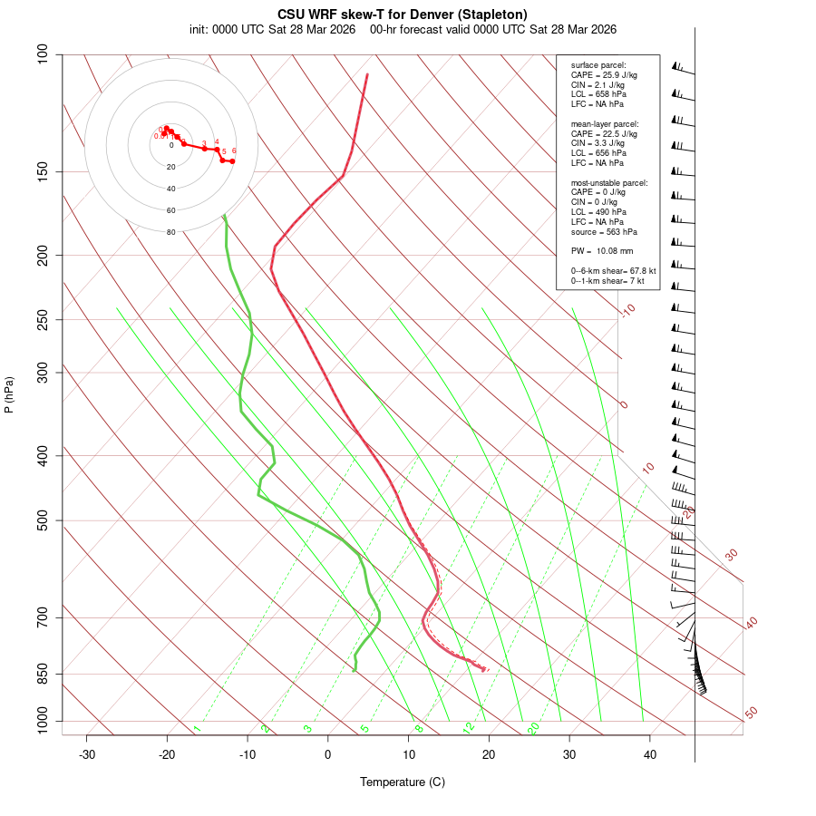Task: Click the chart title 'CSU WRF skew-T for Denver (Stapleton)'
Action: pos(403,15)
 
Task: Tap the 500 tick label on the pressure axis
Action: pos(44,520)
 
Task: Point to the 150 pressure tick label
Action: pos(44,171)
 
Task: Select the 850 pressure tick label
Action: pos(44,674)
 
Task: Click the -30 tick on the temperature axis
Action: pos(87,754)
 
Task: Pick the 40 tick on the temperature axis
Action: pos(650,754)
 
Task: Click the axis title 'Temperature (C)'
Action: pos(403,782)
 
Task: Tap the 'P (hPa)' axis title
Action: pos(9,395)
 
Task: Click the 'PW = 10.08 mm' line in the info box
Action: pos(602,250)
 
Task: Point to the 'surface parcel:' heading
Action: pos(598,65)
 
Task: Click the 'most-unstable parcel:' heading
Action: pos(609,182)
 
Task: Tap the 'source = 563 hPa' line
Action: pos(601,231)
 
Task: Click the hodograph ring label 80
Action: pos(170,232)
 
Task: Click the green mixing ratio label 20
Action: pos(534,727)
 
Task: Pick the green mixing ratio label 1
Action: pos(197,729)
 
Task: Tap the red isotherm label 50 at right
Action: pos(751,714)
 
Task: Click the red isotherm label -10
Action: pos(627,311)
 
